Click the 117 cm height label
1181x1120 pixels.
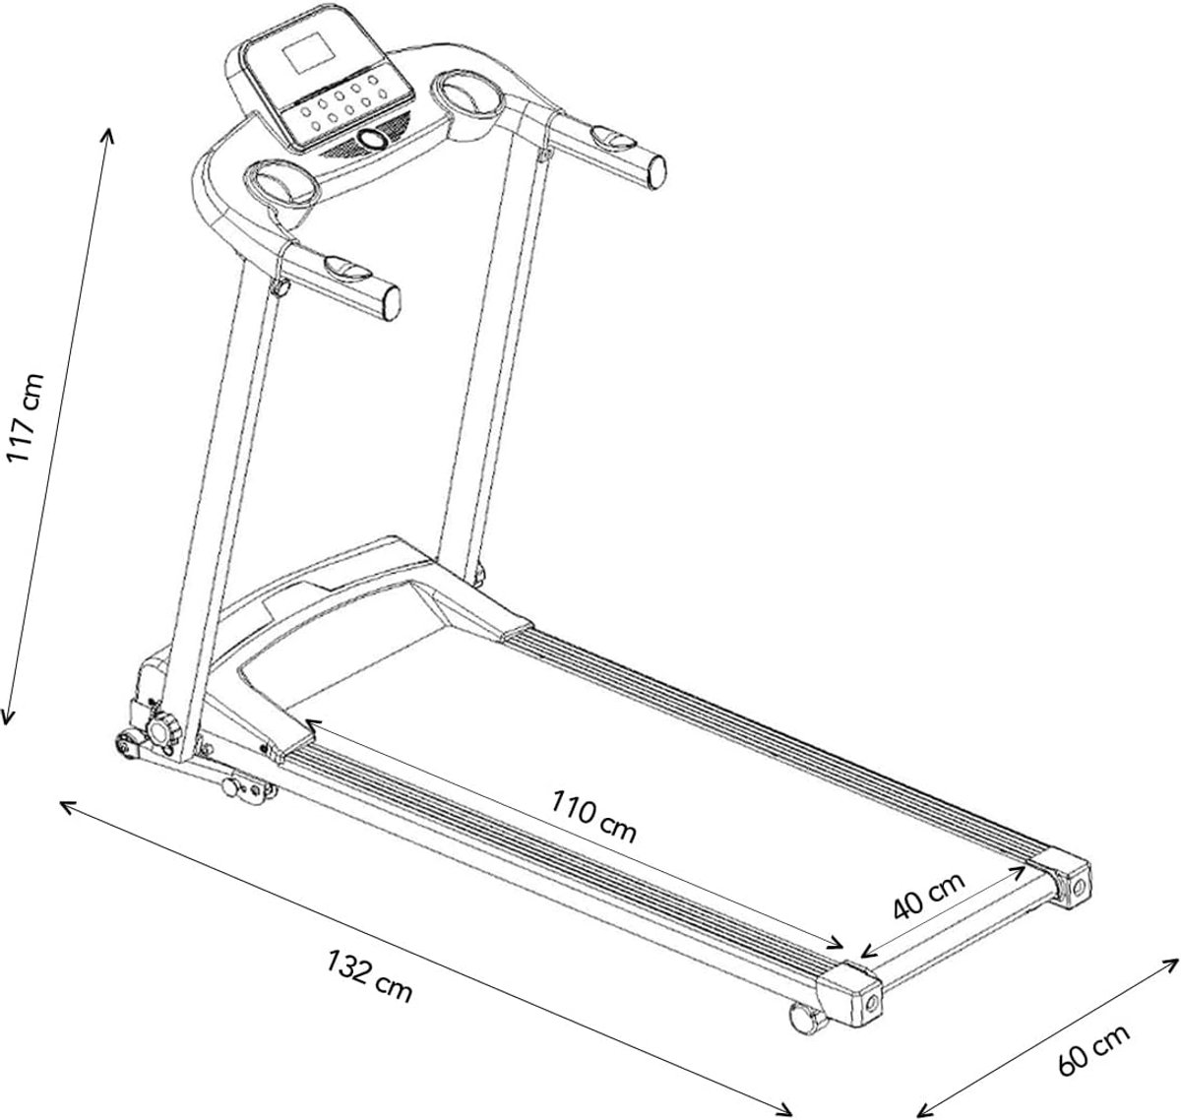tap(26, 417)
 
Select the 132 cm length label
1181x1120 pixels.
tap(369, 975)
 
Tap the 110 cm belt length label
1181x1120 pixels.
tap(593, 817)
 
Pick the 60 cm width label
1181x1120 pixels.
tap(1093, 1049)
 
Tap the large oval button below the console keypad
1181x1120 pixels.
tap(372, 139)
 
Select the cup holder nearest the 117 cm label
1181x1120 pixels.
tap(280, 182)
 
